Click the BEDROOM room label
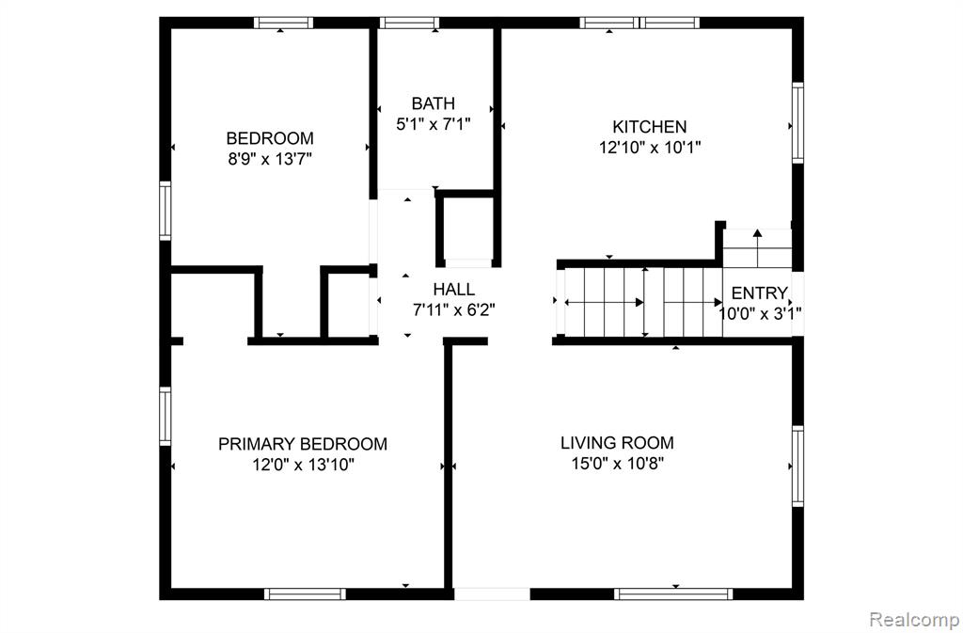[x=270, y=138]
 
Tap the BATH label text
[x=433, y=103]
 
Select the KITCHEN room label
[x=649, y=127]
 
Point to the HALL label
[x=454, y=289]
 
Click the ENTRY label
[x=759, y=293]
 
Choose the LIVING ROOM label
[x=617, y=443]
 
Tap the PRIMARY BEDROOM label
[x=303, y=444]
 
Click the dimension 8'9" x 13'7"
[x=270, y=159]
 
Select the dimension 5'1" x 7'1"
[x=433, y=125]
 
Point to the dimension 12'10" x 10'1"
[x=650, y=148]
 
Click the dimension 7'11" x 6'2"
[x=454, y=310]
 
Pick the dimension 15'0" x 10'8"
[x=617, y=464]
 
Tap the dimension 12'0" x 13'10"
[x=303, y=465]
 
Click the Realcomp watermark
[x=914, y=618]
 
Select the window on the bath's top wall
[x=409, y=24]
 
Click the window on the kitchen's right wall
[x=797, y=123]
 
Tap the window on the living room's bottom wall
[x=673, y=593]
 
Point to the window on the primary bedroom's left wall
[x=166, y=416]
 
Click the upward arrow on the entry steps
[x=757, y=248]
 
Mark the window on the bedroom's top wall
[x=283, y=24]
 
